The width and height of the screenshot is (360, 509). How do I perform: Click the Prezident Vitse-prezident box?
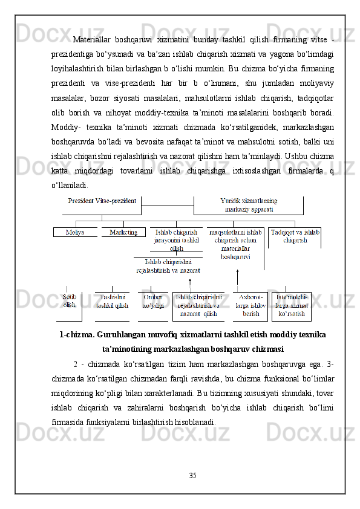click(102, 201)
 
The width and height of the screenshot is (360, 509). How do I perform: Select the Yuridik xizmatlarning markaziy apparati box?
click(248, 205)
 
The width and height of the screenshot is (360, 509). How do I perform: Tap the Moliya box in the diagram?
click(75, 232)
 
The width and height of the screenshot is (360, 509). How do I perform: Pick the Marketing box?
click(123, 232)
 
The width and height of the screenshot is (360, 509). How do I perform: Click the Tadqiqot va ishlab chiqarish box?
click(295, 236)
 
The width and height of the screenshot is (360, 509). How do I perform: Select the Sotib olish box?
click(70, 301)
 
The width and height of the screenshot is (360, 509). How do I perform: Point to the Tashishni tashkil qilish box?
click(111, 302)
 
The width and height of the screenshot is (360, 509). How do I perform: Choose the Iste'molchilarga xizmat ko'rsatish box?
click(292, 306)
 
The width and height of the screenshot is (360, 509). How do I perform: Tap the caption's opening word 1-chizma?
click(75, 335)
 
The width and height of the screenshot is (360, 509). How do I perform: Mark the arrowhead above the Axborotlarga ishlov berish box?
click(237, 273)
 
